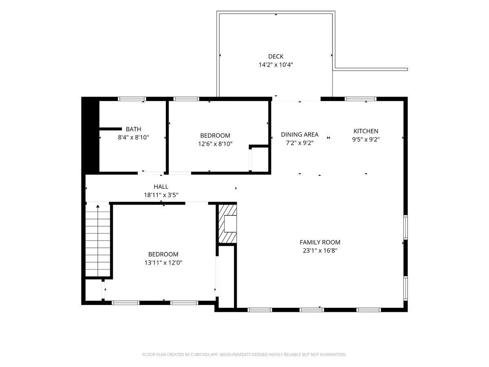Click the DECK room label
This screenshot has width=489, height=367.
tap(275, 56)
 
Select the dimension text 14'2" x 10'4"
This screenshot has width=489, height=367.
tap(275, 64)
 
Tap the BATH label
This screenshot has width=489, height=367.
tap(133, 129)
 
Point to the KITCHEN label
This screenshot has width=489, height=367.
tap(366, 131)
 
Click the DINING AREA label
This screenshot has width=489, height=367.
tap(300, 135)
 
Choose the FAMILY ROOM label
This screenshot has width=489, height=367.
tap(320, 242)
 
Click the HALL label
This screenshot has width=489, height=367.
tap(161, 187)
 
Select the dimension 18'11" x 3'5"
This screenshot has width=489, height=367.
tap(161, 195)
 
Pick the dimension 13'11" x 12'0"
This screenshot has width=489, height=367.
tap(163, 263)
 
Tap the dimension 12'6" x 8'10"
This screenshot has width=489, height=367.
tap(215, 144)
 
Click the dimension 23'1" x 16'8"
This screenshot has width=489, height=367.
tap(320, 250)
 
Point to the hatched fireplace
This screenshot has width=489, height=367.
tap(227, 224)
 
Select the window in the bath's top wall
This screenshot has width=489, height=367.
tap(132, 99)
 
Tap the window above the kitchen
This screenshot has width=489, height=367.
tap(361, 99)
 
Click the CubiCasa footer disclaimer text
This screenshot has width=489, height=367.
tap(244, 354)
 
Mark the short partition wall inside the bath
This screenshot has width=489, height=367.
tap(110, 129)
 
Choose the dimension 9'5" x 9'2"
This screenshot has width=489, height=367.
tap(366, 139)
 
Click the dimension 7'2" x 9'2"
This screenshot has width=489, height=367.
tap(300, 143)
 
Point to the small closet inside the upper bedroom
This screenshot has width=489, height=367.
tap(260, 159)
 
